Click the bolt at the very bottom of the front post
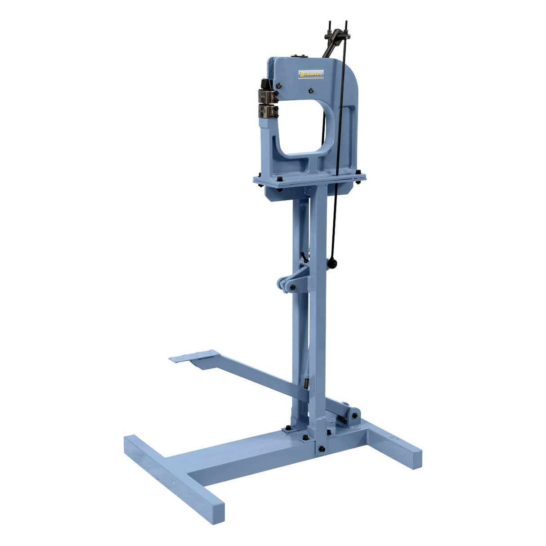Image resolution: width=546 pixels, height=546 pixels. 322,449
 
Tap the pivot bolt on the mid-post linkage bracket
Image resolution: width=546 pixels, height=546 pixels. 293,287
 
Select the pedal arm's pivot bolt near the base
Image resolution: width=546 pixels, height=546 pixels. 354,416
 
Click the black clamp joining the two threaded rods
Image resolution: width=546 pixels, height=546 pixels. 337,36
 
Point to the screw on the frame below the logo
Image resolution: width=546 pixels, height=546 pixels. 311,90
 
